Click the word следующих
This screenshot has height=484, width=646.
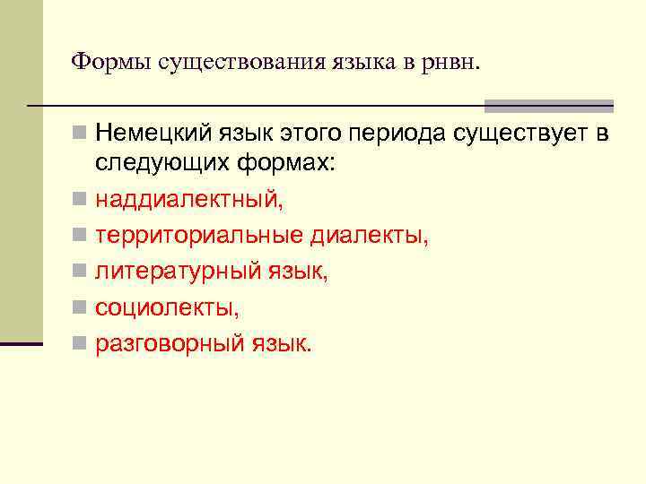click(x=162, y=165)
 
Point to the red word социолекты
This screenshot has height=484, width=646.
click(x=168, y=307)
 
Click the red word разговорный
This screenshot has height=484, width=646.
click(x=170, y=343)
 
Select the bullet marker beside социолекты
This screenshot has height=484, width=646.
click(x=80, y=307)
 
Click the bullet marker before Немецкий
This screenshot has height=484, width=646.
click(x=80, y=135)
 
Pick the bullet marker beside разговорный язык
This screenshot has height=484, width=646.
click(x=80, y=342)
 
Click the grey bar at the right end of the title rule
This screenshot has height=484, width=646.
click(x=548, y=106)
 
